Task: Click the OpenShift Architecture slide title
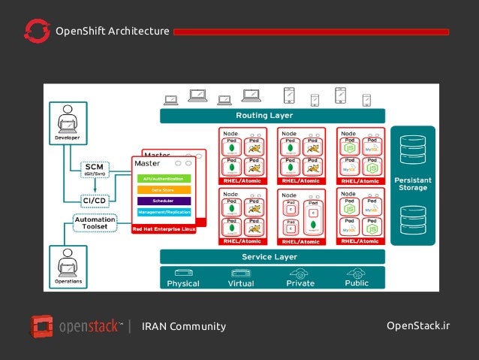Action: tap(112, 31)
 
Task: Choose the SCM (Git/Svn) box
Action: tap(94, 170)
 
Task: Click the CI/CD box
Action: tap(94, 200)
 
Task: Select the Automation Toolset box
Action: tap(95, 223)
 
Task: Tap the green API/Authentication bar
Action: tap(162, 179)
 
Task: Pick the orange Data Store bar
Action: tap(162, 190)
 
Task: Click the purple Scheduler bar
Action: tap(162, 201)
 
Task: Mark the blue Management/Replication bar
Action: tap(162, 213)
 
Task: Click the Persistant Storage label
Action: tap(412, 184)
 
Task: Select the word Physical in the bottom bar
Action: tap(183, 283)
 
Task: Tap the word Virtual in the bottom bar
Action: tap(240, 283)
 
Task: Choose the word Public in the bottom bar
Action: tap(357, 283)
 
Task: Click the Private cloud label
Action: tap(300, 283)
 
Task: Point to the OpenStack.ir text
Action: tap(417, 325)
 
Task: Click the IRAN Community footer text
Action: tap(184, 326)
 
